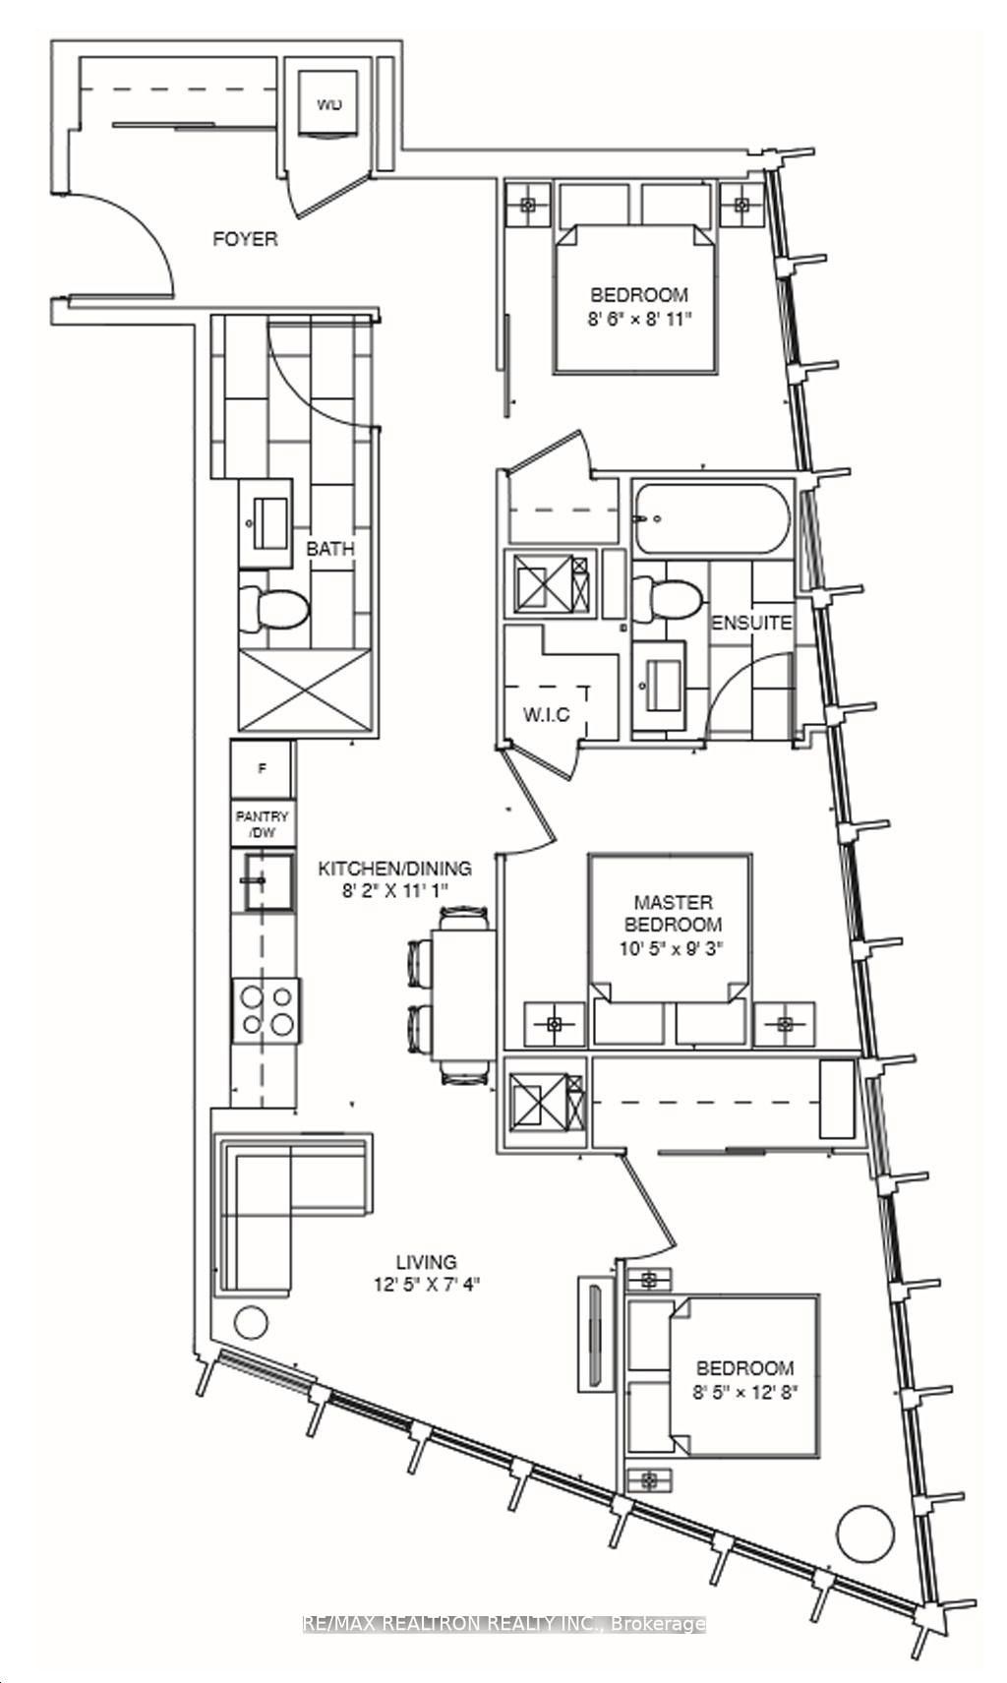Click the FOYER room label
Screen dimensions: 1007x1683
[245, 239]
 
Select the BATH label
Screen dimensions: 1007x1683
[329, 549]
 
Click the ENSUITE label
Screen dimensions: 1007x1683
[751, 623]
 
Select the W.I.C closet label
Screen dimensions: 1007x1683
[546, 714]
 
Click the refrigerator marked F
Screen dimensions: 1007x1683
[262, 770]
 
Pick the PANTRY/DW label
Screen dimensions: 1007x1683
[262, 824]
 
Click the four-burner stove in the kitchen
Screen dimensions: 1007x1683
[266, 1010]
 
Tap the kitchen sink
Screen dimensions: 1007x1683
[267, 880]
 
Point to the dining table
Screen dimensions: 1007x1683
[462, 994]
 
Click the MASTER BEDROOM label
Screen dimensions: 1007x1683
[673, 913]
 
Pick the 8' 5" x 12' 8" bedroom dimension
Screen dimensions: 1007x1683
[744, 1391]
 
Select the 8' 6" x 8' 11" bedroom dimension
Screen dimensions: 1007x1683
[639, 319]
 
